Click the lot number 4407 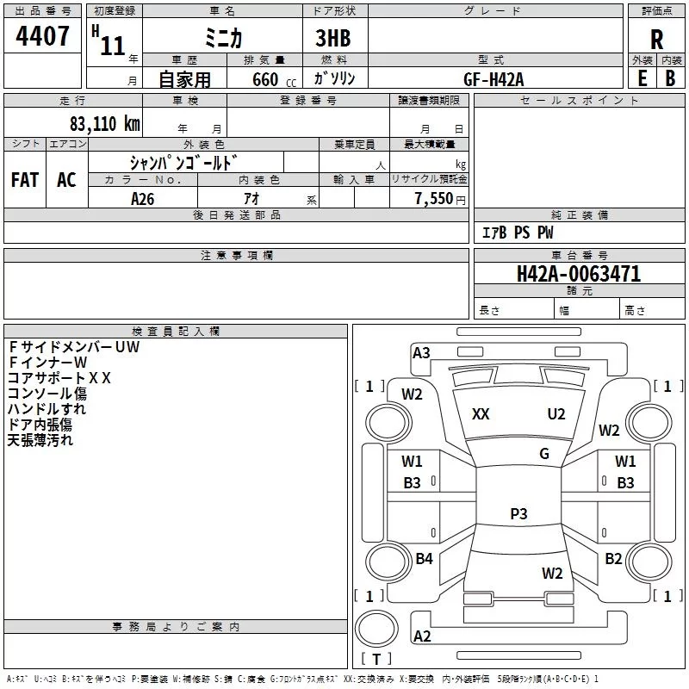43,36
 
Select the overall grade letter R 656,39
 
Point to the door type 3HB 332,38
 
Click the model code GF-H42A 493,78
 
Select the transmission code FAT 25,179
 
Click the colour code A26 143,198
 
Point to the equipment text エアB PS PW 517,233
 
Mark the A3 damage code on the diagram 421,352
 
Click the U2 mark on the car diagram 556,414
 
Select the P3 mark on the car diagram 518,514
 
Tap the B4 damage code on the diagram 424,559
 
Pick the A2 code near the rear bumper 422,636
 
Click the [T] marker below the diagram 376,660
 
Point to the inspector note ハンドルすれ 47,409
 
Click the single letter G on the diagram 543,454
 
